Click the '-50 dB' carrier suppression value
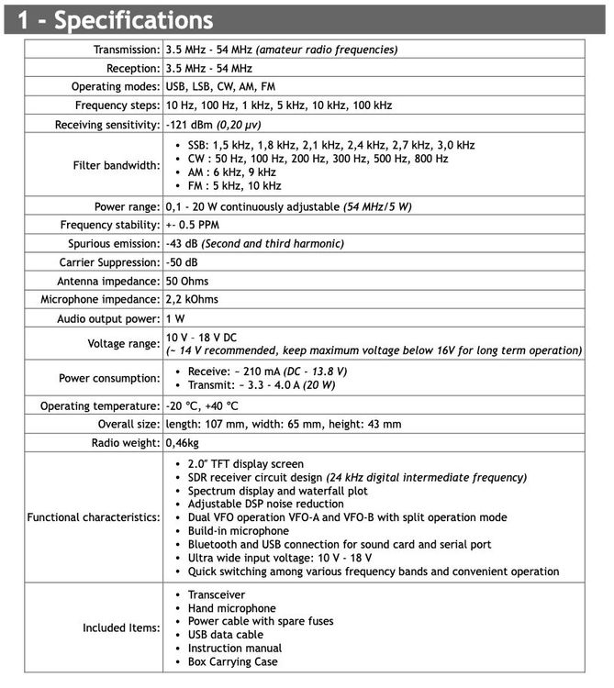pyautogui.click(x=182, y=261)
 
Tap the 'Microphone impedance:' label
pyautogui.click(x=100, y=299)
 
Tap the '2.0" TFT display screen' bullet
pyautogui.click(x=245, y=464)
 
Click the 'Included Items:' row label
pyautogui.click(x=121, y=628)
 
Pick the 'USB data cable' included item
pyautogui.click(x=226, y=635)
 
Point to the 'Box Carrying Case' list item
pyautogui.click(x=232, y=661)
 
